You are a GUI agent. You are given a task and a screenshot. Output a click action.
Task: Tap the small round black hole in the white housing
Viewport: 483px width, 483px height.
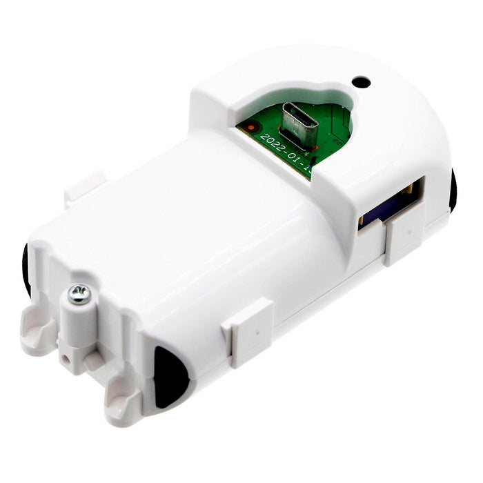360,81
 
